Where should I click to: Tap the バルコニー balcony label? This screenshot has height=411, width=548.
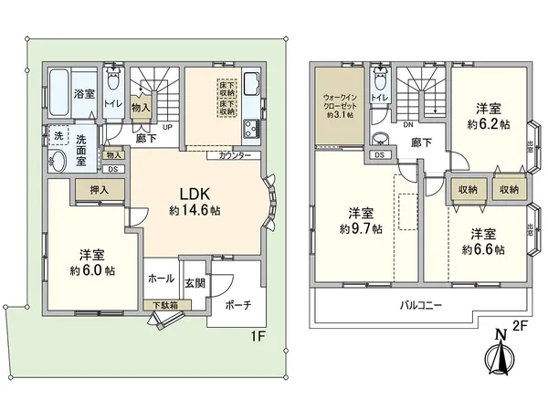(x=420, y=304)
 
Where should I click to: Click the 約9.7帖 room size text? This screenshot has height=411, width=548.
(x=361, y=227)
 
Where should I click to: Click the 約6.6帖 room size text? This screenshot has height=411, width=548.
(x=482, y=248)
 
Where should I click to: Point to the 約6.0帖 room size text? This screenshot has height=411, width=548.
(x=92, y=270)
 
